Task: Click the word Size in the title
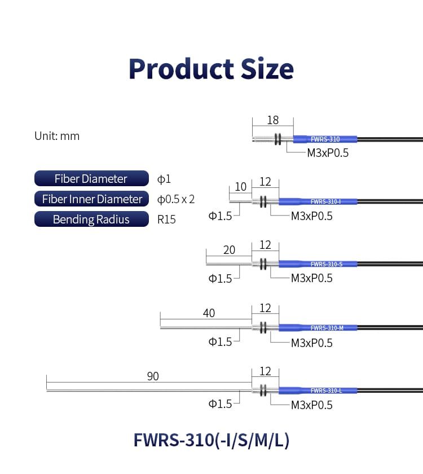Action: tap(267, 69)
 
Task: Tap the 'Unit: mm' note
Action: tap(57, 136)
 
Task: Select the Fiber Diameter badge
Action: tap(91, 178)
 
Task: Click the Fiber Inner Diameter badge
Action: tap(91, 199)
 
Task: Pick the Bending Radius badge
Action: tap(91, 219)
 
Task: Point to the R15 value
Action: tap(166, 220)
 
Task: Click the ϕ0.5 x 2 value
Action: tap(176, 199)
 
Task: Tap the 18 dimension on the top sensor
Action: tap(273, 120)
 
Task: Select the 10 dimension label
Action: tap(240, 187)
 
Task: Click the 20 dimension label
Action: tap(229, 249)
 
